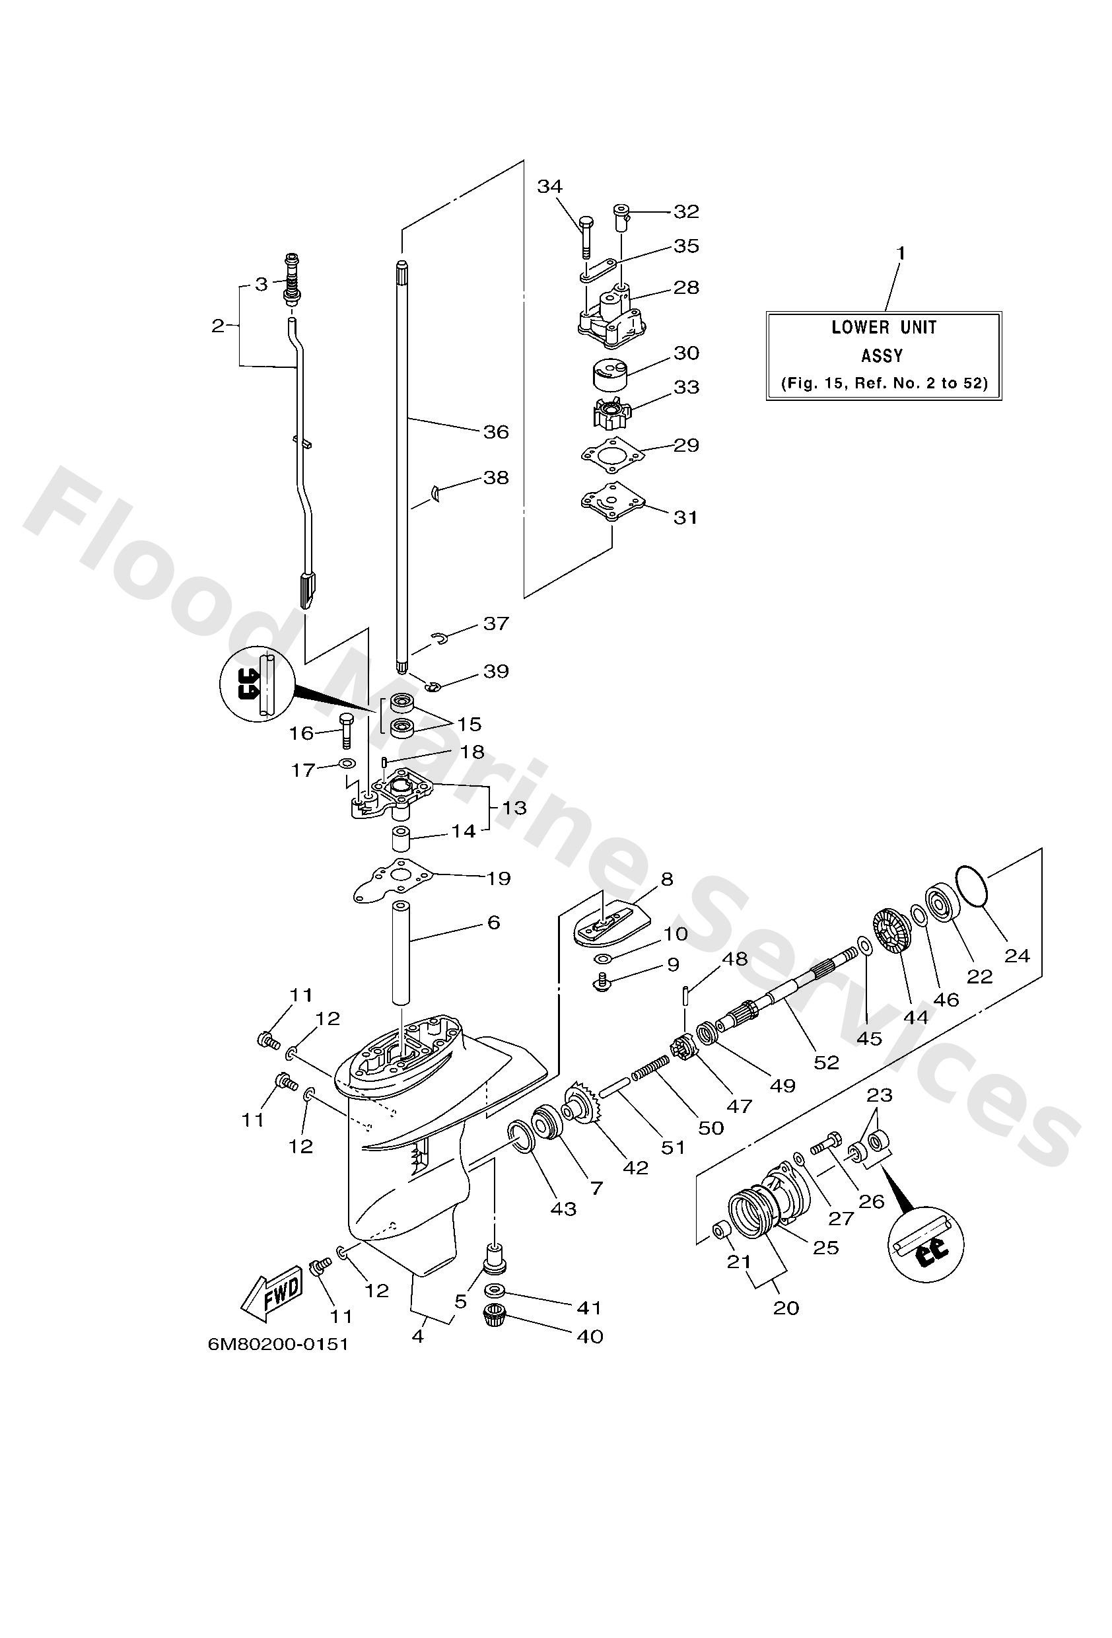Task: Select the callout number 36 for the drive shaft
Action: click(495, 431)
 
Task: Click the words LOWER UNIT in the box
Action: click(884, 327)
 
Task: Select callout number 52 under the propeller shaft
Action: click(826, 1061)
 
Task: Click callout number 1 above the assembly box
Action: click(900, 253)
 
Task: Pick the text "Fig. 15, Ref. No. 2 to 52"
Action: click(884, 384)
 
